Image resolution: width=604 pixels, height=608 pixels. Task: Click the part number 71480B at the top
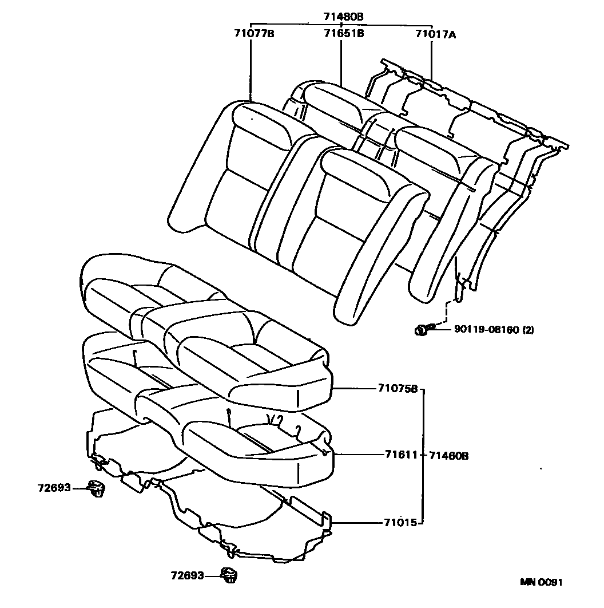341,17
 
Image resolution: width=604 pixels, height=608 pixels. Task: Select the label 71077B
254,34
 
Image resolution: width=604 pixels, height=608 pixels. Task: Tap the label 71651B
341,34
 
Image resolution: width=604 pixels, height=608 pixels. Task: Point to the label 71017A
436,34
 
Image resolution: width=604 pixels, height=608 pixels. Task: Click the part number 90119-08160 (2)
494,330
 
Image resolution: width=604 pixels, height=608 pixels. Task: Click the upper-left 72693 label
54,488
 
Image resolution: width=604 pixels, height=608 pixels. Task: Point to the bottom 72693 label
187,575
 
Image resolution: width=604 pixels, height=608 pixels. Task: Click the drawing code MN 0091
542,583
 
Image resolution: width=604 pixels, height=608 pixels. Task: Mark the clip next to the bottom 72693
229,575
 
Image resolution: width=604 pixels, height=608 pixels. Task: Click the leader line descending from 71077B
251,69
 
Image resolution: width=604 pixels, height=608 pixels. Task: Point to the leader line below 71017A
431,60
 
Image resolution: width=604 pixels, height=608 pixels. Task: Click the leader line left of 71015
355,522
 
